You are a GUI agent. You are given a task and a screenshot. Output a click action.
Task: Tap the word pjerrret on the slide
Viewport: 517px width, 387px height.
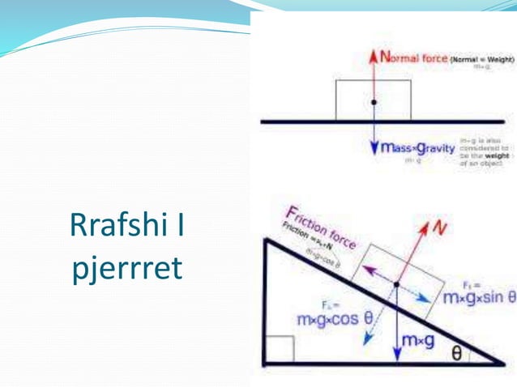pos(126,267)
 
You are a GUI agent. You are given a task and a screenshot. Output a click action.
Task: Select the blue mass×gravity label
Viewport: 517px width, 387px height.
pos(418,149)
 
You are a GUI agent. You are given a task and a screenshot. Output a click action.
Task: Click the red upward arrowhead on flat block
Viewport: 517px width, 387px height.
pos(374,57)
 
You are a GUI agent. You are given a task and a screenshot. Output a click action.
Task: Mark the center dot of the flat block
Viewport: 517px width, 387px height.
pos(374,103)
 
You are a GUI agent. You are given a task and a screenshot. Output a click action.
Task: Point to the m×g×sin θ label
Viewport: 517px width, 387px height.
pos(479,297)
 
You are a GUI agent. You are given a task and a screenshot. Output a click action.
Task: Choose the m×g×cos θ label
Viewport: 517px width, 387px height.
pos(335,319)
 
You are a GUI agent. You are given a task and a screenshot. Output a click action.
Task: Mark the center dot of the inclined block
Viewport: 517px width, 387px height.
pos(396,284)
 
